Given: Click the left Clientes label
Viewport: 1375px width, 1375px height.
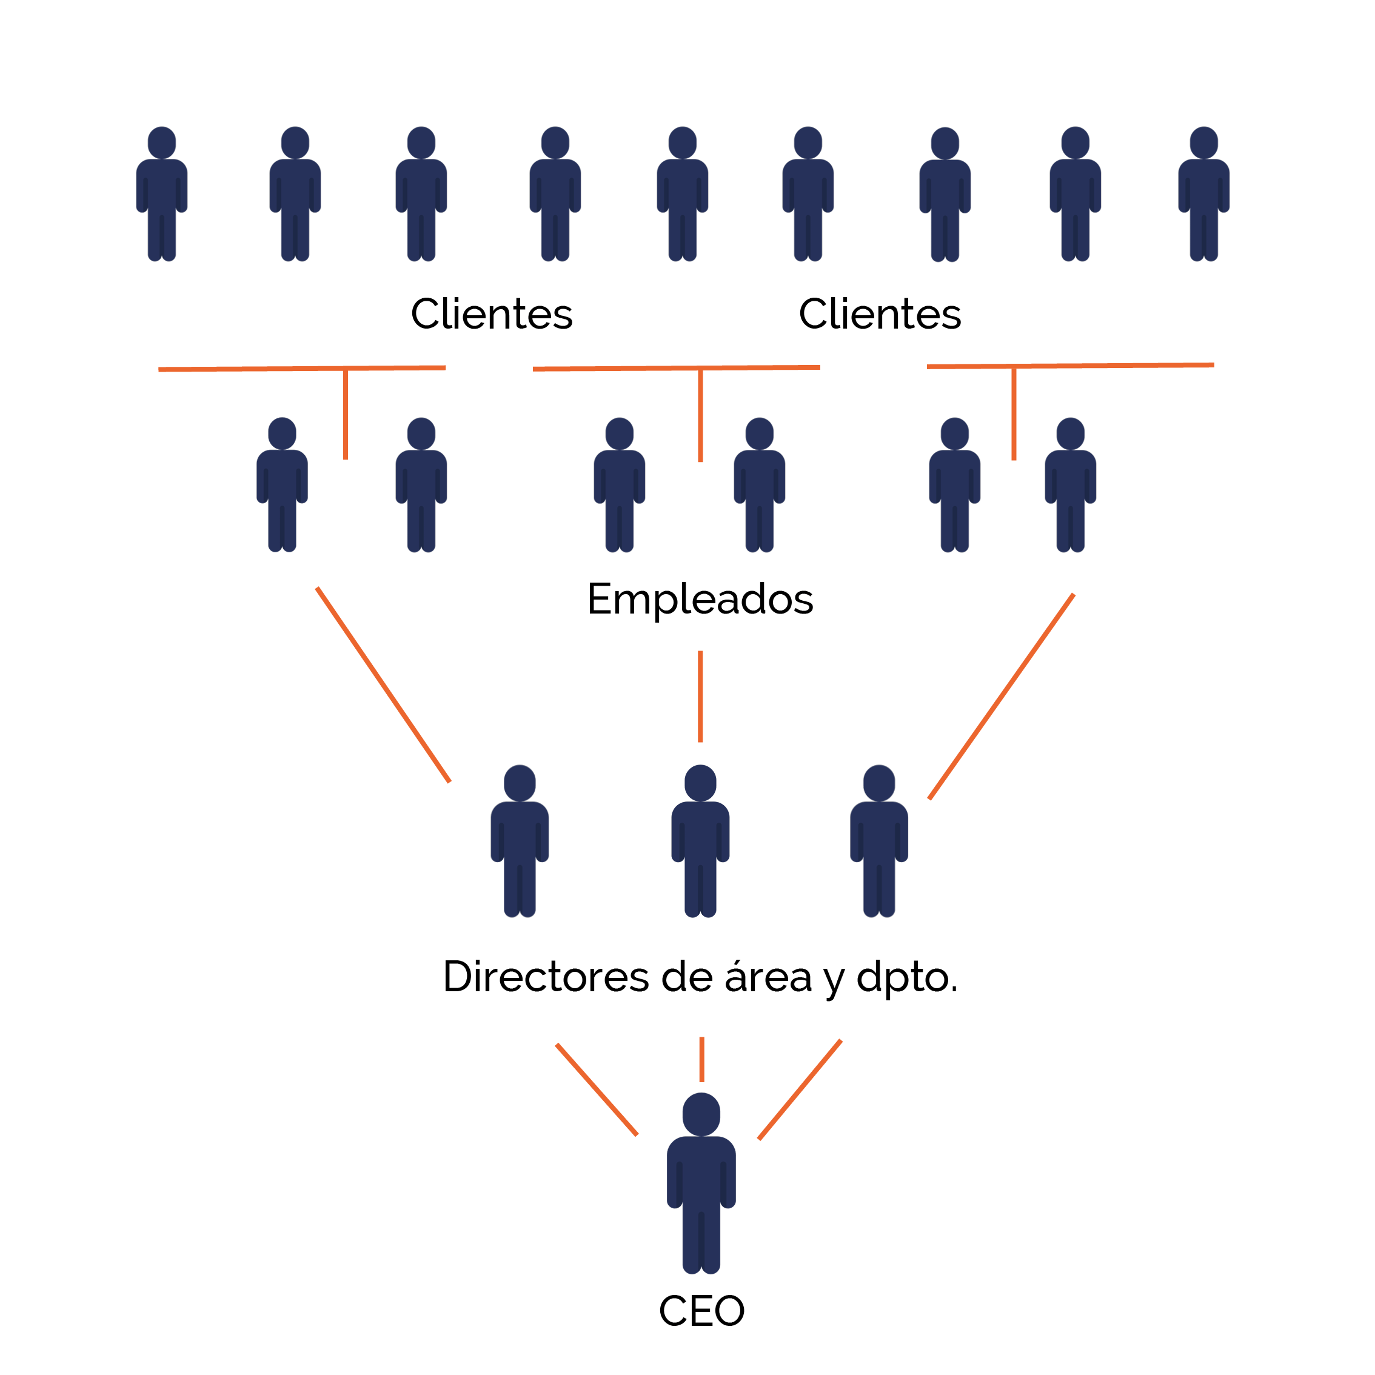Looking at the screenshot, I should pos(491,314).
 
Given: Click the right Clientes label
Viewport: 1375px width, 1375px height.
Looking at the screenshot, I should pos(880,314).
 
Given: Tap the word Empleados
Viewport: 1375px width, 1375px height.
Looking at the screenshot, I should pos(700,598).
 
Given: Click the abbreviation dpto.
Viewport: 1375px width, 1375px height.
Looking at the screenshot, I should pos(907,977).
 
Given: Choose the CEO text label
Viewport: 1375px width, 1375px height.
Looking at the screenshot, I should pos(701,1310).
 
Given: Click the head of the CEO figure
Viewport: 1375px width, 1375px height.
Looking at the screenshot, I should pos(701,1114).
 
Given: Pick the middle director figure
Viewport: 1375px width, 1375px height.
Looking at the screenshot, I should pos(700,840).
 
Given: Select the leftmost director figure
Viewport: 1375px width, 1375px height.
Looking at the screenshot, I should pos(520,840).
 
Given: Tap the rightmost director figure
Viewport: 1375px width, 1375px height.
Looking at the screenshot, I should pos(879,840).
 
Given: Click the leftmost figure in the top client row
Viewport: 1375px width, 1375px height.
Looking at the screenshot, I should pos(161,193).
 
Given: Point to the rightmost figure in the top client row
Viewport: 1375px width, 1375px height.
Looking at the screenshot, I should pos(1203,193).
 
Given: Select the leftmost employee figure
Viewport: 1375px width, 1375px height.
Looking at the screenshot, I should pos(282,484).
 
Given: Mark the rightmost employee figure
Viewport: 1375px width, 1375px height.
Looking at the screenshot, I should pos(1071,484).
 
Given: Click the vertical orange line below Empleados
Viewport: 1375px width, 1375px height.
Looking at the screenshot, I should pos(700,696).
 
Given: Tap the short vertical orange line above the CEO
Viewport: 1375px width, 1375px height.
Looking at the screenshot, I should pos(701,1059).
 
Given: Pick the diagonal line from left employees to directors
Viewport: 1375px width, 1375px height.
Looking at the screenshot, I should pos(383,684).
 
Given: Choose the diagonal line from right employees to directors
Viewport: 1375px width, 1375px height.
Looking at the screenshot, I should pos(1002,696).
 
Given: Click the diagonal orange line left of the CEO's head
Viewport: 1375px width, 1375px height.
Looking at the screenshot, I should pos(597,1089).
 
